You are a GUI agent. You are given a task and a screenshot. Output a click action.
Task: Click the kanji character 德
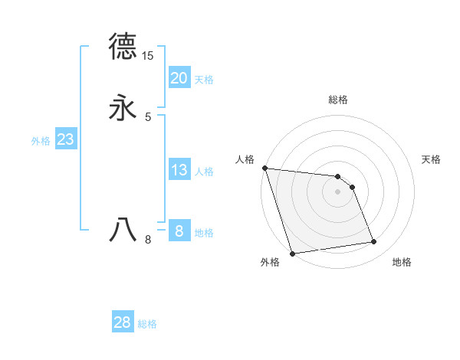click(123, 47)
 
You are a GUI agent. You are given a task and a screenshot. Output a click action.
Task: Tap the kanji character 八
click(123, 229)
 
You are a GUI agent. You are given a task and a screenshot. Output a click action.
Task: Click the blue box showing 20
click(179, 78)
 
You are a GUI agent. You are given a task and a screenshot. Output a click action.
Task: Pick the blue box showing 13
click(179, 170)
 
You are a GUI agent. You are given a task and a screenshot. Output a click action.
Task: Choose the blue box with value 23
click(65, 139)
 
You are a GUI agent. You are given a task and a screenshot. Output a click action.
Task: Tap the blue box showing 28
click(123, 322)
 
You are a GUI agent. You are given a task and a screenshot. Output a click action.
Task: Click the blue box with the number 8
click(179, 231)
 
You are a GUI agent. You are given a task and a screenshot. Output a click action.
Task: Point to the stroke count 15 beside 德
click(148, 56)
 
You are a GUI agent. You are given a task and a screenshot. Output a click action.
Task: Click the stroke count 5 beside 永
click(148, 116)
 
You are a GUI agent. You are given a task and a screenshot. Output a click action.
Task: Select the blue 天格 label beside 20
click(204, 80)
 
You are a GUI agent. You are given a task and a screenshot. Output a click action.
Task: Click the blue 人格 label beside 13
click(204, 172)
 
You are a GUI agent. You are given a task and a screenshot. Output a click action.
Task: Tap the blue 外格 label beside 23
click(41, 141)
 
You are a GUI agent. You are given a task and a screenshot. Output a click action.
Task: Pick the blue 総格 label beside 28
click(147, 324)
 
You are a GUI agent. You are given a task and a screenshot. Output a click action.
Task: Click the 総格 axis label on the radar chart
click(338, 100)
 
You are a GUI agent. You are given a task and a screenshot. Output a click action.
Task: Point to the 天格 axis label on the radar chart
click(432, 159)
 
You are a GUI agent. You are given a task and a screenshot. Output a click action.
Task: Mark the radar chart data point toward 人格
click(264, 168)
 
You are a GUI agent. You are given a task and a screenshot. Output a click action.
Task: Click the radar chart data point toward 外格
click(292, 253)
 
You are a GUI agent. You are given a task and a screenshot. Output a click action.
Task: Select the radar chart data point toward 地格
click(374, 242)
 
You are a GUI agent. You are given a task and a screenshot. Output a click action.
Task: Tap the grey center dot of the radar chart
click(338, 191)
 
